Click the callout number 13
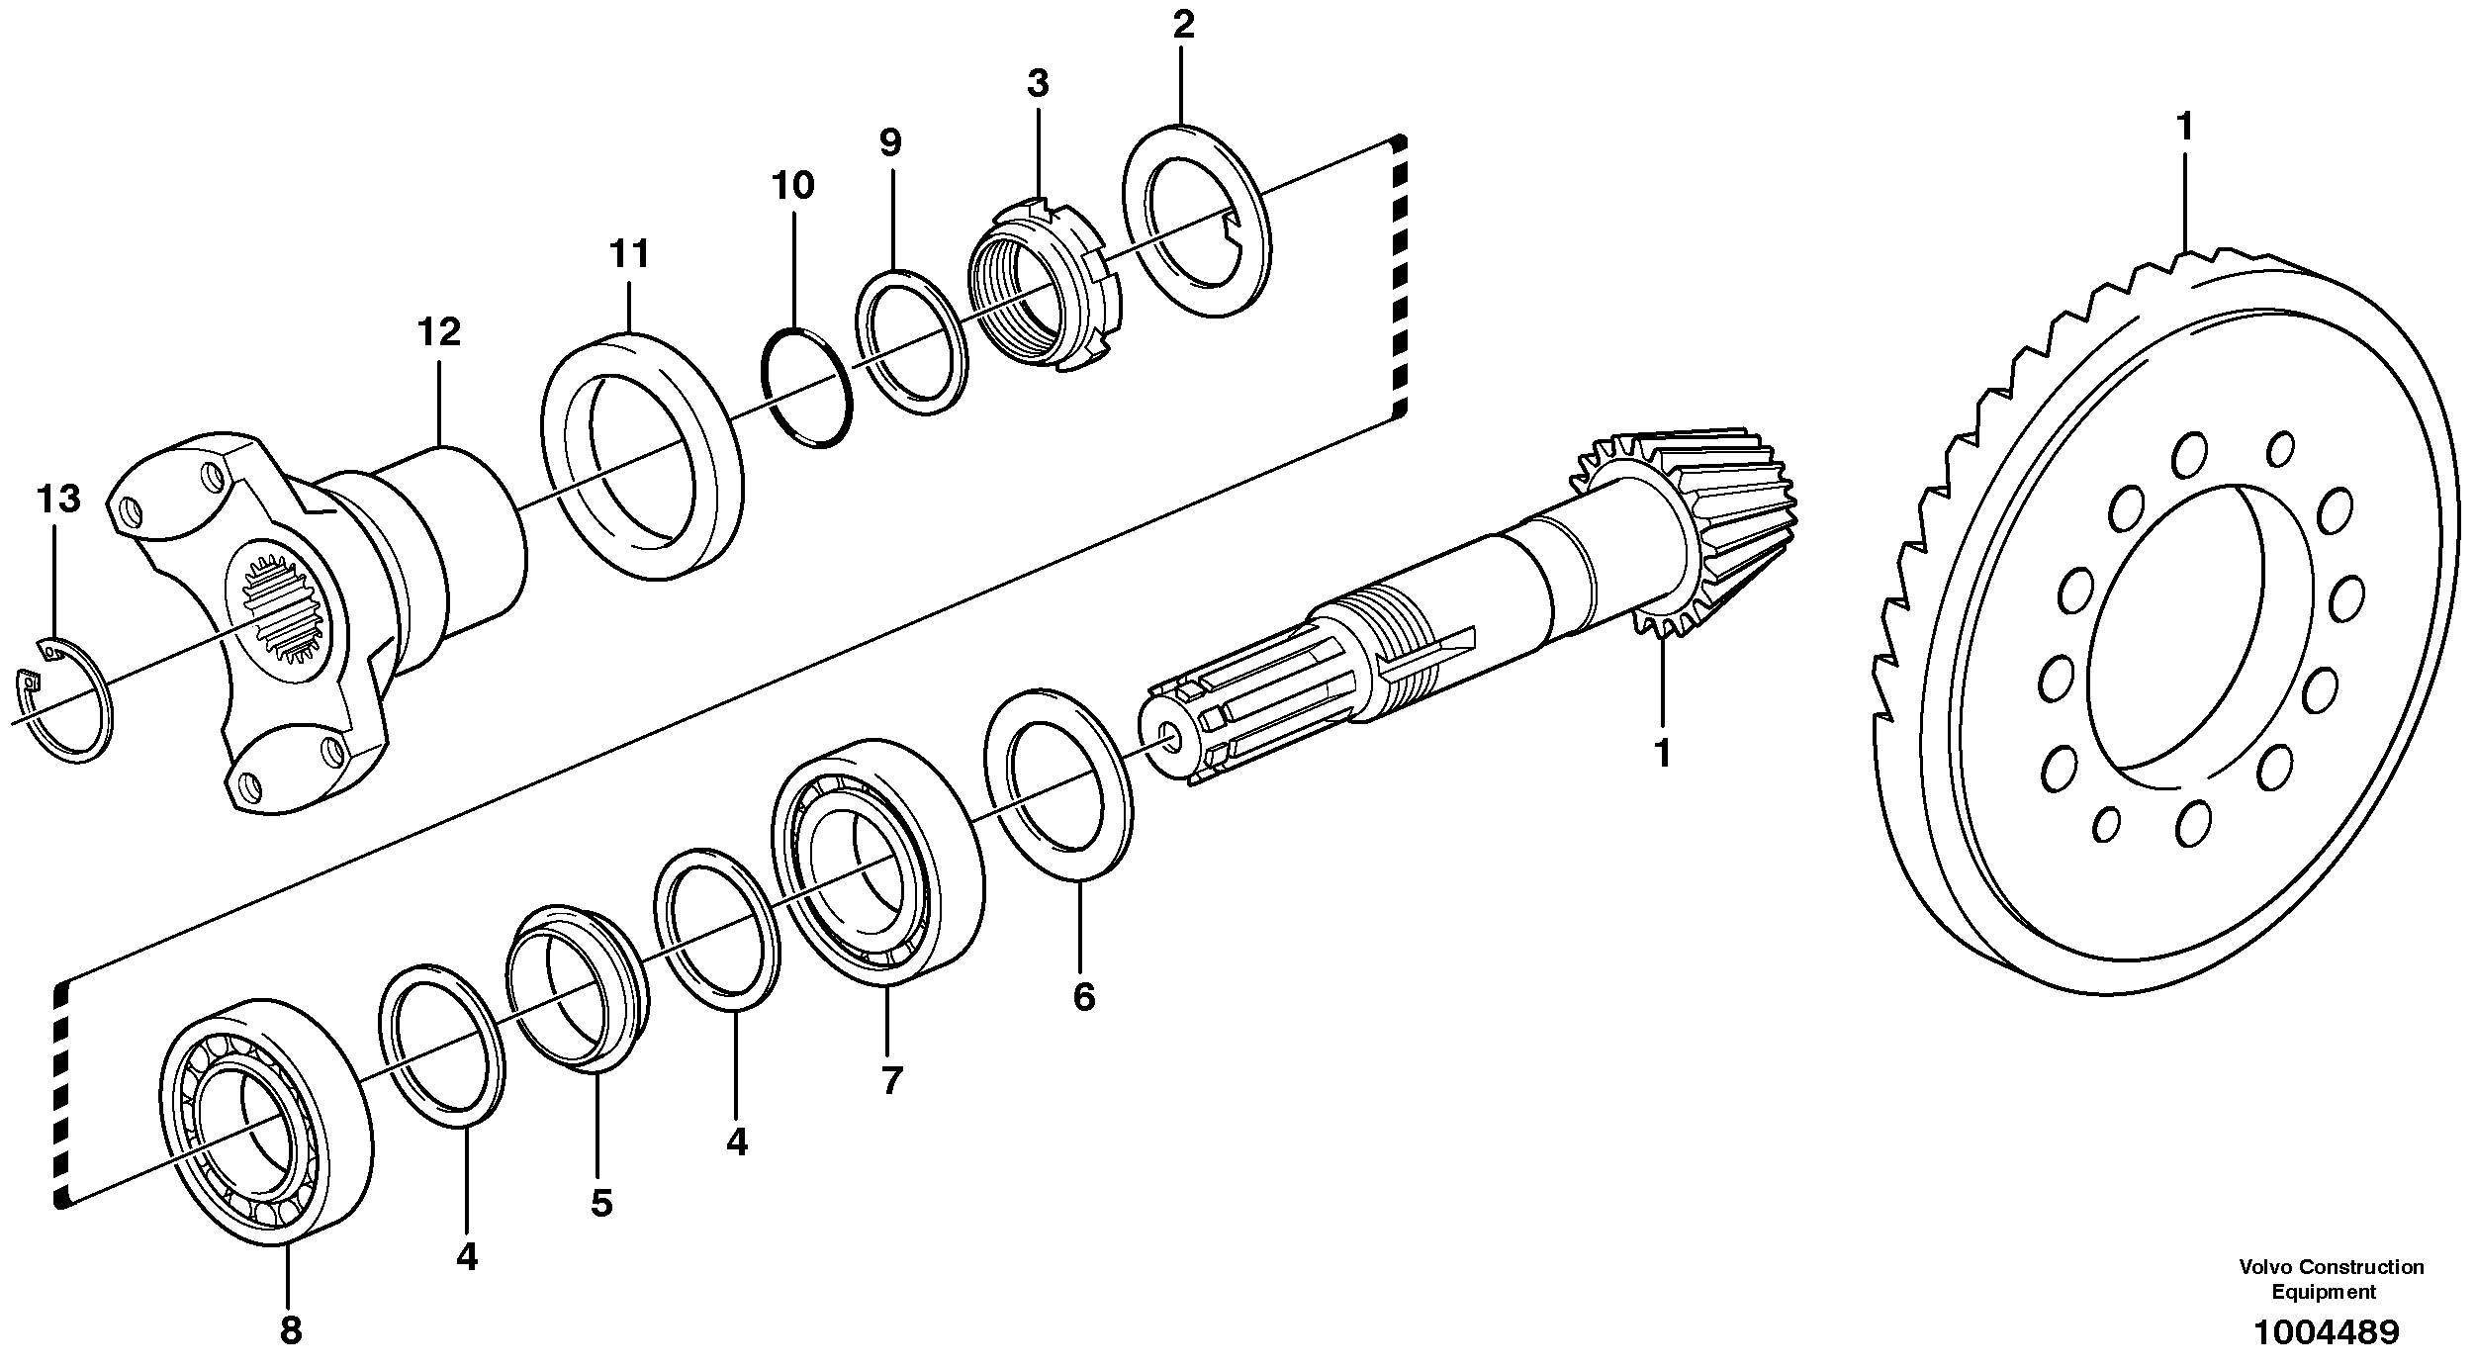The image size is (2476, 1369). (57, 500)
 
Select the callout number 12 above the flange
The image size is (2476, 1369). (438, 332)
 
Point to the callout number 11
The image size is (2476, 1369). (629, 254)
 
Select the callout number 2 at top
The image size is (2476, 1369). (1183, 26)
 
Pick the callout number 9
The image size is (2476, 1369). (890, 143)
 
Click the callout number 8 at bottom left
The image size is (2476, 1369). (290, 1330)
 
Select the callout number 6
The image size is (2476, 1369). (1083, 996)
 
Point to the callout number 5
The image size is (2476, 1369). (600, 1203)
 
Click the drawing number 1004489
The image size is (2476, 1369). (2326, 1332)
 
